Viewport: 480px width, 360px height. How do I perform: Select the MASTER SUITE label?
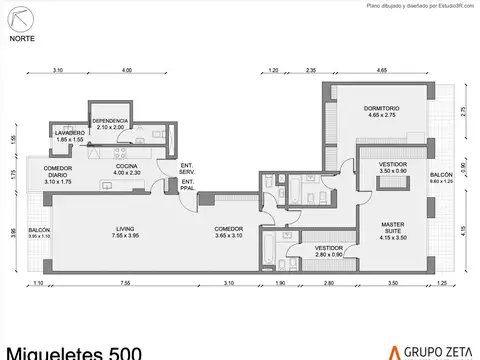[x=391, y=229]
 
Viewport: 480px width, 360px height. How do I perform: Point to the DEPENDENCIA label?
[x=110, y=123]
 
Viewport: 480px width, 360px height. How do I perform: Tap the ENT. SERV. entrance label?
[x=187, y=169]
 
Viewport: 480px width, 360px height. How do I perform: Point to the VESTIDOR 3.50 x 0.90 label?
[x=392, y=168]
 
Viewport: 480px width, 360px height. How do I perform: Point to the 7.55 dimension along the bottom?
[x=126, y=286]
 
